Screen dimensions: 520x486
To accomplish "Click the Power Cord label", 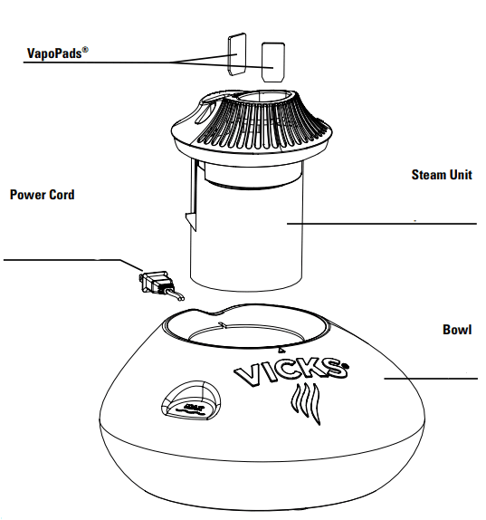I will pos(42,195).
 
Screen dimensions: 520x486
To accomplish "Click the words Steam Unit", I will pos(441,175).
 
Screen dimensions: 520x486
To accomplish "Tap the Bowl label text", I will pos(456,330).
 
